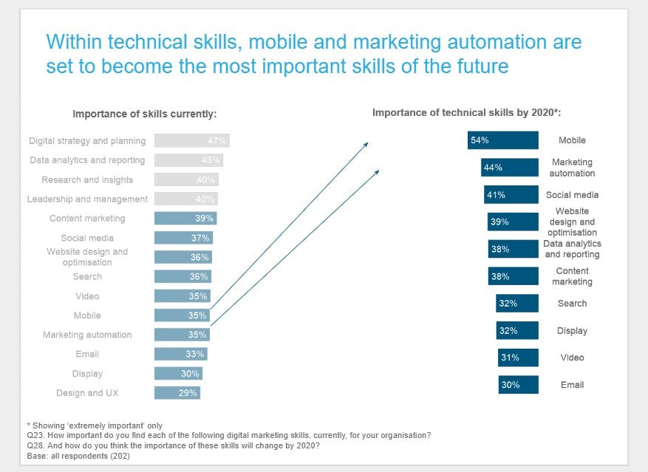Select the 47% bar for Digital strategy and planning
tap(191, 140)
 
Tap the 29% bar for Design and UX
tap(177, 393)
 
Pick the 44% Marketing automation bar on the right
tap(509, 168)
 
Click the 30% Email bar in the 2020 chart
tap(518, 385)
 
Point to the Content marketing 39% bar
tap(185, 219)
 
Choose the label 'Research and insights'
tap(87, 179)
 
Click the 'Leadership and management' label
tap(87, 199)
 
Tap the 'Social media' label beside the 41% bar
tap(572, 195)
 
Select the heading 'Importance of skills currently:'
tap(144, 114)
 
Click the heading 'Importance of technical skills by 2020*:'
tap(468, 113)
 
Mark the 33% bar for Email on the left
tap(180, 354)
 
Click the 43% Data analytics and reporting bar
tap(188, 160)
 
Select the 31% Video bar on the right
tap(518, 358)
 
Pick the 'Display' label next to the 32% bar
tap(572, 331)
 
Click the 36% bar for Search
tap(183, 276)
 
